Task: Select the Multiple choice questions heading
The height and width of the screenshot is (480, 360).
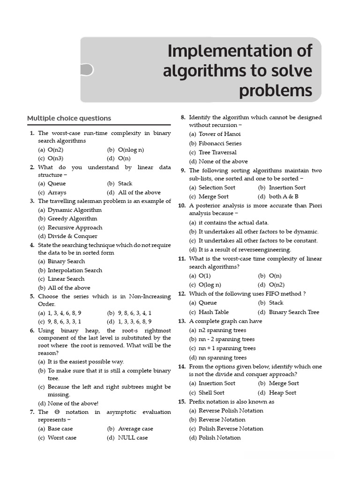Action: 69,118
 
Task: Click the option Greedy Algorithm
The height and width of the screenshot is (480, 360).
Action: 72,218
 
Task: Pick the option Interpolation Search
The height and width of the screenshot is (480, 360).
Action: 75,270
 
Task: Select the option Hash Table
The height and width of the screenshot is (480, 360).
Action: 213,312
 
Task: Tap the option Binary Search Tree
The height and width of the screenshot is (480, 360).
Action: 294,312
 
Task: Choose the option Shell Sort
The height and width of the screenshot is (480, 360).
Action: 211,392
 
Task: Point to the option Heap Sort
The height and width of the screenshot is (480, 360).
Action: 282,392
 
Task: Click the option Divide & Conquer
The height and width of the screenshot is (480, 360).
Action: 72,236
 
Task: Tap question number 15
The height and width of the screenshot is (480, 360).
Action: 182,402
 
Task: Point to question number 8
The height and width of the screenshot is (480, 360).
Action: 183,117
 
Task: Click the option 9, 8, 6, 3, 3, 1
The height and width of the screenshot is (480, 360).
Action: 64,321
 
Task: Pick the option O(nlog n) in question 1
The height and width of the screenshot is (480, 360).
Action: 131,150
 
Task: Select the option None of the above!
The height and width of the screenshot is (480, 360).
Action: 73,403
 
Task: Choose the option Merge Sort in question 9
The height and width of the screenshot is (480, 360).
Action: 213,196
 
